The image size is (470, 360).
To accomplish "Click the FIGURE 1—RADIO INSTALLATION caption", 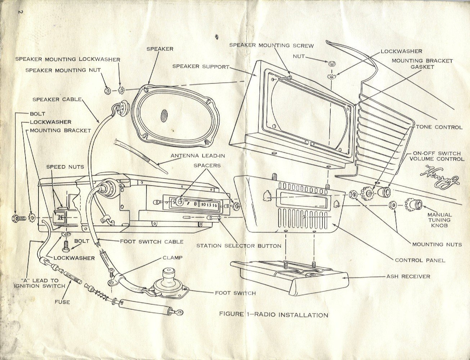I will tap(274, 315).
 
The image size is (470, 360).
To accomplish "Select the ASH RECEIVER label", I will tap(408, 277).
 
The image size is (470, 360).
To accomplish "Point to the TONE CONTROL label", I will tap(439, 127).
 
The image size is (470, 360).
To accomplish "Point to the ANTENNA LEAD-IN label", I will tap(198, 156).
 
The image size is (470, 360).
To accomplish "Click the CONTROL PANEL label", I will tap(420, 260).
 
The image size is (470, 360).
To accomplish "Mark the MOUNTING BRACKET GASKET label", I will tap(422, 64).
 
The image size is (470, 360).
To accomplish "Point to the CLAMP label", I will tap(172, 258).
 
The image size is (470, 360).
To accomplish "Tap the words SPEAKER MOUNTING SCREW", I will tap(271, 45).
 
